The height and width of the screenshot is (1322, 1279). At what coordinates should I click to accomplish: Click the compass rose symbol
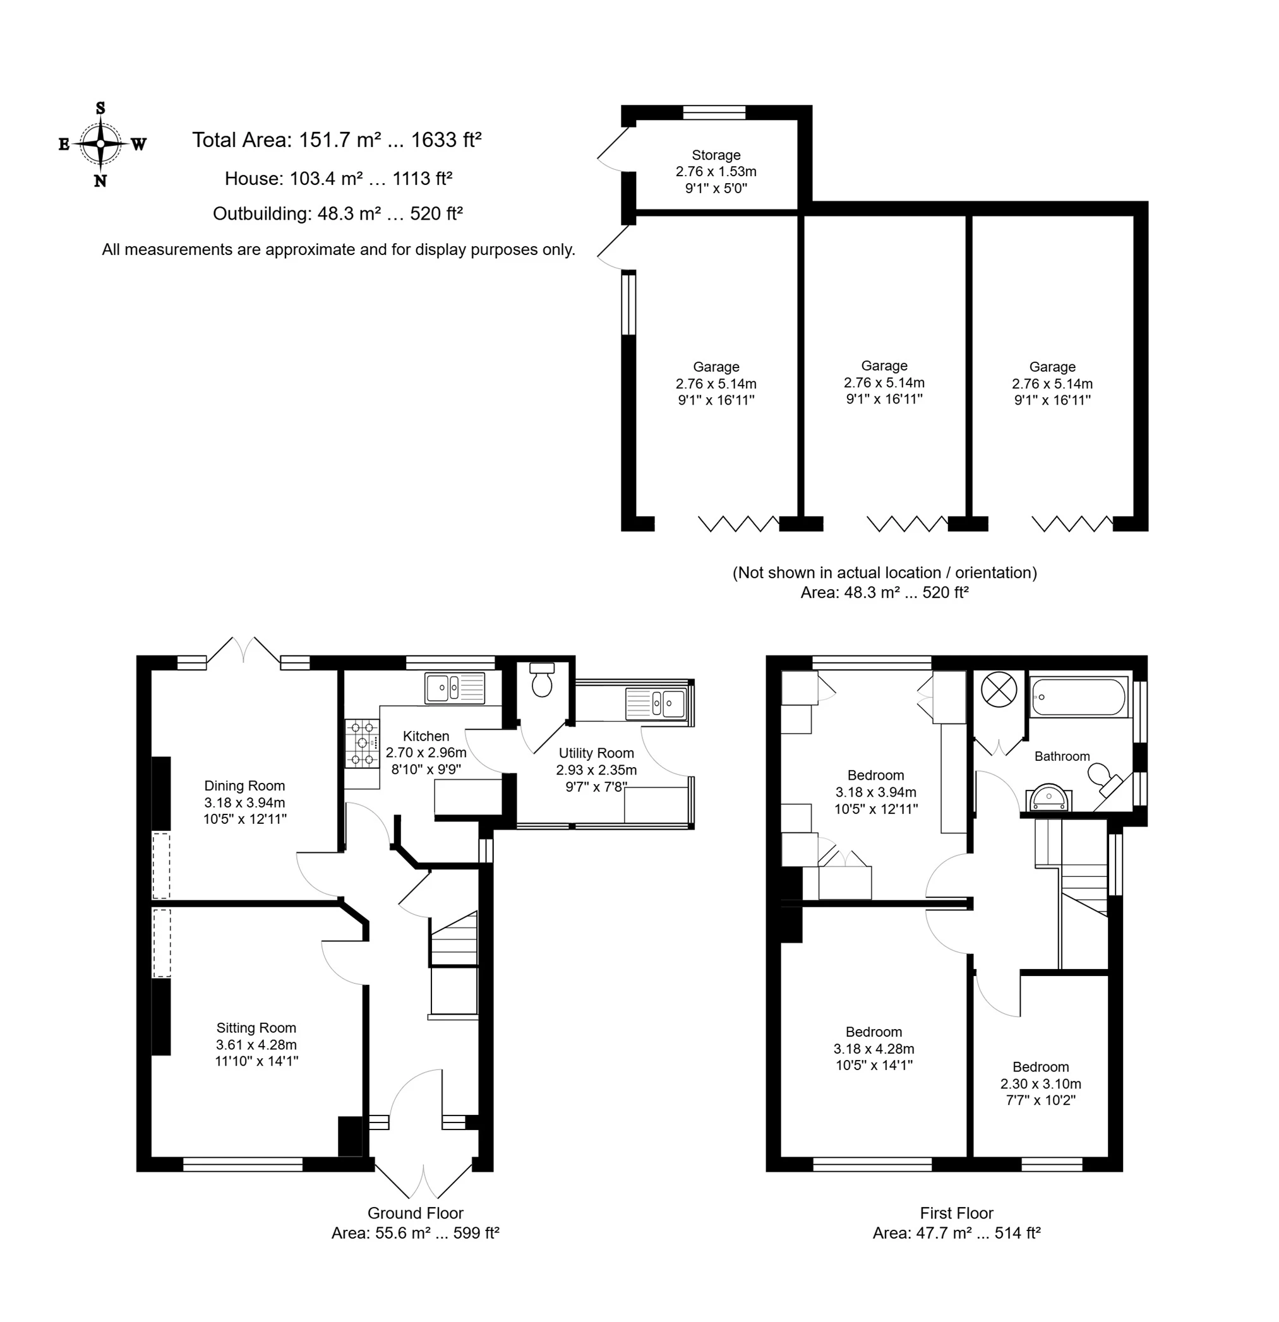pyautogui.click(x=100, y=144)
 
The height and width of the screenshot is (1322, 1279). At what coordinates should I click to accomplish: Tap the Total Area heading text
pyautogui.click(x=337, y=140)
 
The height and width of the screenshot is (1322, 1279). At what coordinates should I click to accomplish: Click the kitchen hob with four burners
pyautogui.click(x=362, y=743)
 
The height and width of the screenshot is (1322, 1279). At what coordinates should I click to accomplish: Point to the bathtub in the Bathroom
pyautogui.click(x=1079, y=697)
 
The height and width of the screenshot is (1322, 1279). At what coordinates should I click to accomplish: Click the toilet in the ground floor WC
pyautogui.click(x=543, y=679)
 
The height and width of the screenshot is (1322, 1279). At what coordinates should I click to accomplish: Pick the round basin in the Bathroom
pyautogui.click(x=1048, y=798)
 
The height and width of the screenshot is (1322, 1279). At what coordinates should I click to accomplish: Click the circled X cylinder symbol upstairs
pyautogui.click(x=999, y=689)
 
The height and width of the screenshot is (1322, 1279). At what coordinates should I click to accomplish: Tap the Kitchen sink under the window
pyautogui.click(x=454, y=688)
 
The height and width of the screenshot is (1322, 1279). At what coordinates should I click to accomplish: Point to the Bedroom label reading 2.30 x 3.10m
pyautogui.click(x=1041, y=1083)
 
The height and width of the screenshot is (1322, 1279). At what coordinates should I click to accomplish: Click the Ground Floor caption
pyautogui.click(x=415, y=1213)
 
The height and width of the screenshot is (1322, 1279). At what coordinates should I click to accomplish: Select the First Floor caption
pyautogui.click(x=956, y=1213)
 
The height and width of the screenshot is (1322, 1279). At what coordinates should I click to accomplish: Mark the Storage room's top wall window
pyautogui.click(x=714, y=112)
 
